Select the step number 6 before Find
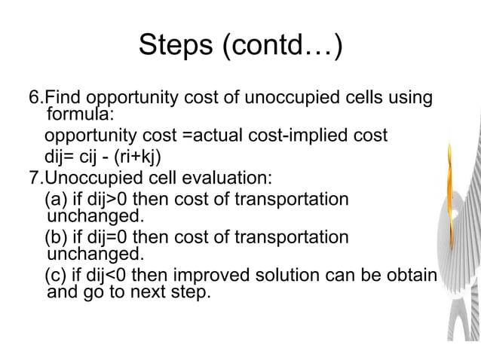click(x=33, y=99)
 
